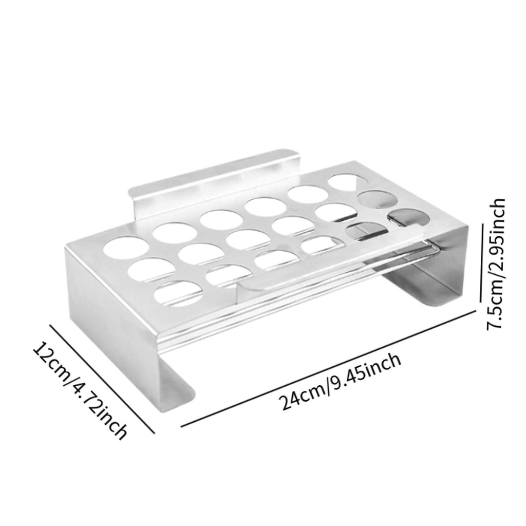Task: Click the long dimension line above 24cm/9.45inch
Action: click(x=328, y=368)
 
